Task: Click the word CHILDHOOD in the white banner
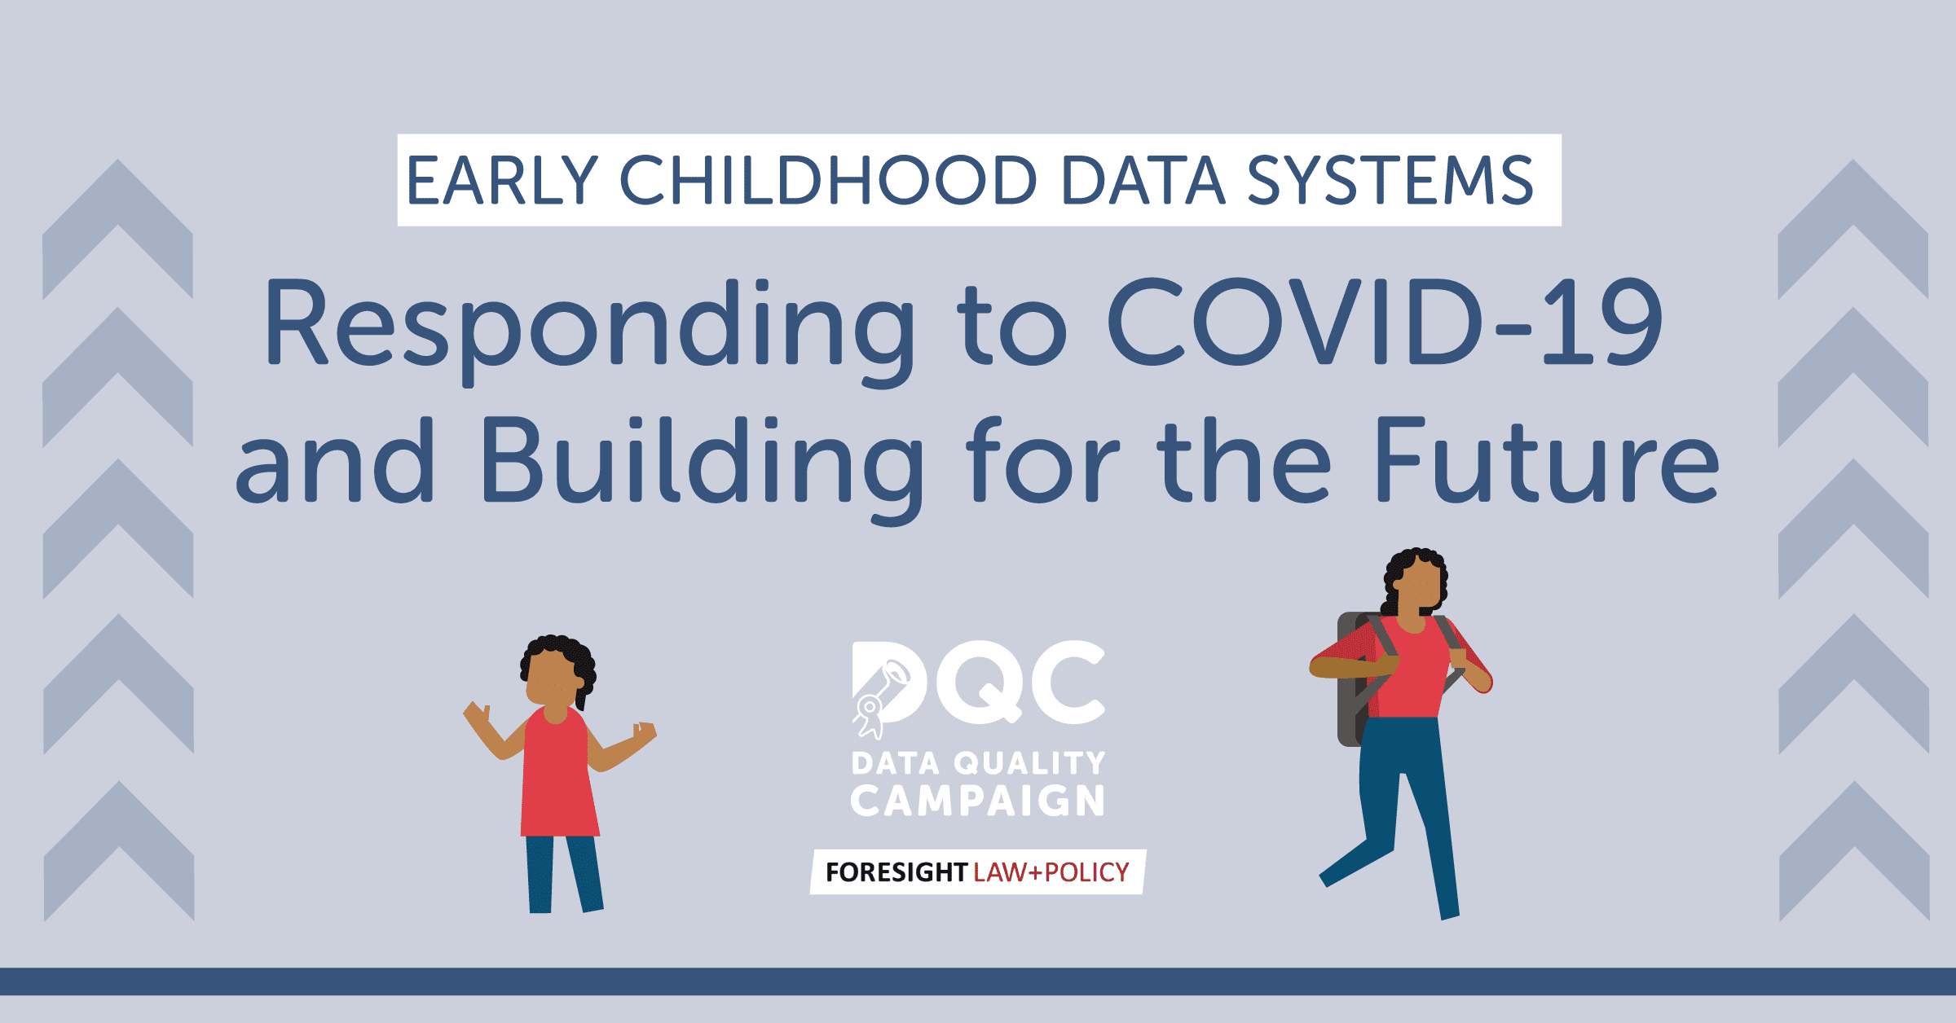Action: [828, 180]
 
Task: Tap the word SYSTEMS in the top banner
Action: [1390, 180]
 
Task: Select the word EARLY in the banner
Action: [502, 180]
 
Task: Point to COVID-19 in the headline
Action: [1384, 322]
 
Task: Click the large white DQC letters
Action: [978, 683]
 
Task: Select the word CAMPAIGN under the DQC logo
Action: [977, 801]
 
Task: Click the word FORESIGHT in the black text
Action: [896, 872]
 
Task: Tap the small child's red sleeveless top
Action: [559, 774]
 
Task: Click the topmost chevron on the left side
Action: [117, 229]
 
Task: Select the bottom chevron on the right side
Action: [1854, 850]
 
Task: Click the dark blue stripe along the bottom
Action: [978, 981]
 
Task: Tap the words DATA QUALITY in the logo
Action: [978, 763]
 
